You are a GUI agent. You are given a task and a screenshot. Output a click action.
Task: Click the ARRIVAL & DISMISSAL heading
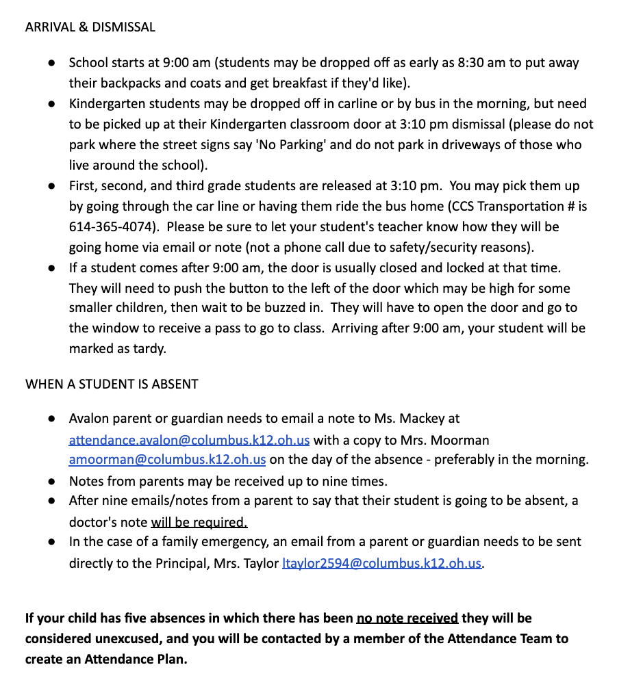tap(90, 27)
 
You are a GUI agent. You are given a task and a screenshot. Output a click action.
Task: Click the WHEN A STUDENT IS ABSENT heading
tap(112, 384)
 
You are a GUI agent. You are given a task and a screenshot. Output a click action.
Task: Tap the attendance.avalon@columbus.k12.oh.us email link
tap(189, 439)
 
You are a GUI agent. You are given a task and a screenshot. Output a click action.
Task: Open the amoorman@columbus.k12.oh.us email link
tap(167, 460)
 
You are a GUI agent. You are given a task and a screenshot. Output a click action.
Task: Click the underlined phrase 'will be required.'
tap(199, 523)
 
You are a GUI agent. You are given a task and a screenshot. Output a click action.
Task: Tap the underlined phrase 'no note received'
tap(407, 618)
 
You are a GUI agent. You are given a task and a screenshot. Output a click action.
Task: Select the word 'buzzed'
tap(270, 309)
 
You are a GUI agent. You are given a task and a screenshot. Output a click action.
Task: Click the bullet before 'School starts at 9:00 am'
tap(51, 63)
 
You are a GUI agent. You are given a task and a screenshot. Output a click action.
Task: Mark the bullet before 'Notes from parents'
tap(51, 481)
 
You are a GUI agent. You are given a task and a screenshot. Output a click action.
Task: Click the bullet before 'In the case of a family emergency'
tap(51, 543)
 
